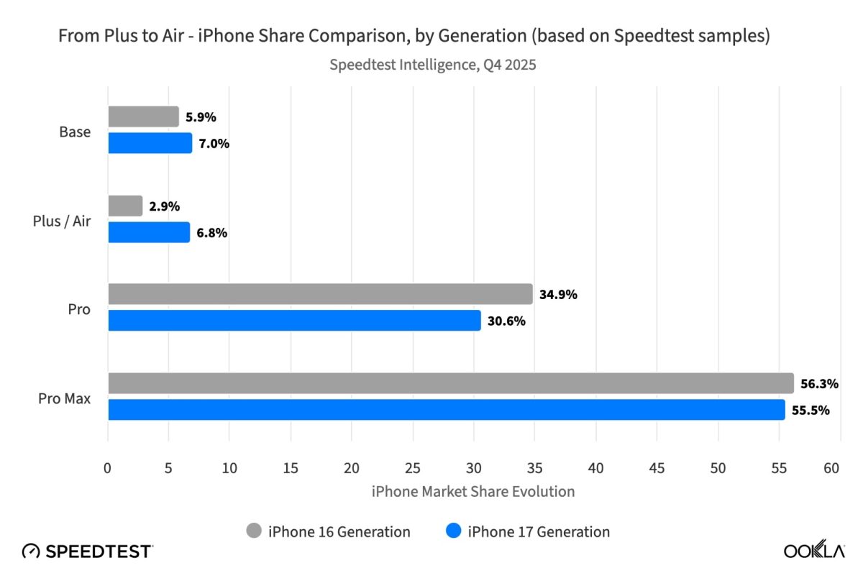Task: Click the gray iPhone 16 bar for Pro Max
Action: click(451, 383)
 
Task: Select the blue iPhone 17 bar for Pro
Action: click(294, 321)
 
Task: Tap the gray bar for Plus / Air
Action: click(125, 206)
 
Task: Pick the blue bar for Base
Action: click(150, 143)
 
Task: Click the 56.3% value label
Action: click(820, 384)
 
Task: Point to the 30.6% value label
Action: click(506, 321)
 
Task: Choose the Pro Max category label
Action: click(65, 398)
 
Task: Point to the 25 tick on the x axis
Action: click(412, 468)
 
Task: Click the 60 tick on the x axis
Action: click(831, 468)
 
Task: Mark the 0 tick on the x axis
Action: click(108, 468)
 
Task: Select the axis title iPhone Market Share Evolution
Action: click(473, 492)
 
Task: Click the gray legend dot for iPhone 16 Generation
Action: click(254, 531)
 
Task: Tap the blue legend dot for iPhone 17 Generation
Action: click(452, 531)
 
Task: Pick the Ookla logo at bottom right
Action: click(813, 551)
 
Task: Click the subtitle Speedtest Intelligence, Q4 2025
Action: click(433, 64)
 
